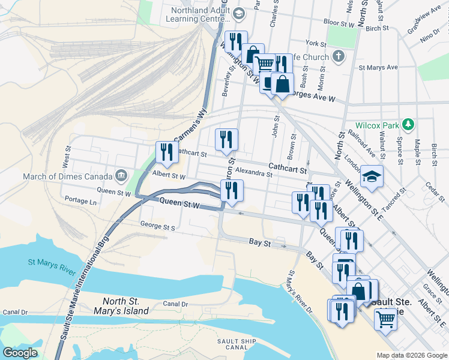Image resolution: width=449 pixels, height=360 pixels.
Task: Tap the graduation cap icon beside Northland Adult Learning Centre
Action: pos(239,13)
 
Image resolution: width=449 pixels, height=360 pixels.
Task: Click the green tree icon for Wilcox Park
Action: pos(409,124)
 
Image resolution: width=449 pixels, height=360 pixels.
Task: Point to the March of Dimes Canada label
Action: pos(67,176)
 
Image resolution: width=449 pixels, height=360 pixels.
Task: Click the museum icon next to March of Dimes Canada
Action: pos(121,176)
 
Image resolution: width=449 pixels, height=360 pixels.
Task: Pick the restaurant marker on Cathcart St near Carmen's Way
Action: pos(165,152)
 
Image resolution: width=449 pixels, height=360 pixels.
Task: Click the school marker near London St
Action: pos(372,176)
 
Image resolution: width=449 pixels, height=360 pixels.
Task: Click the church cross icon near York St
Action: pos(339,57)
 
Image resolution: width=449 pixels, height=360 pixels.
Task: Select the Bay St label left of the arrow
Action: pos(260,241)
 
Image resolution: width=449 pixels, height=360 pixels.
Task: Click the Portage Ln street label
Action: pos(80,202)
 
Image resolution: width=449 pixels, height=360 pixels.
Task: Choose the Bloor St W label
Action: pos(340,25)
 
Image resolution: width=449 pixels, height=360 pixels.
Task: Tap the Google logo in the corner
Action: pos(20,352)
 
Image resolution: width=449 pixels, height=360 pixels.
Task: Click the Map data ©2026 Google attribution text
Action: pos(411,355)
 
